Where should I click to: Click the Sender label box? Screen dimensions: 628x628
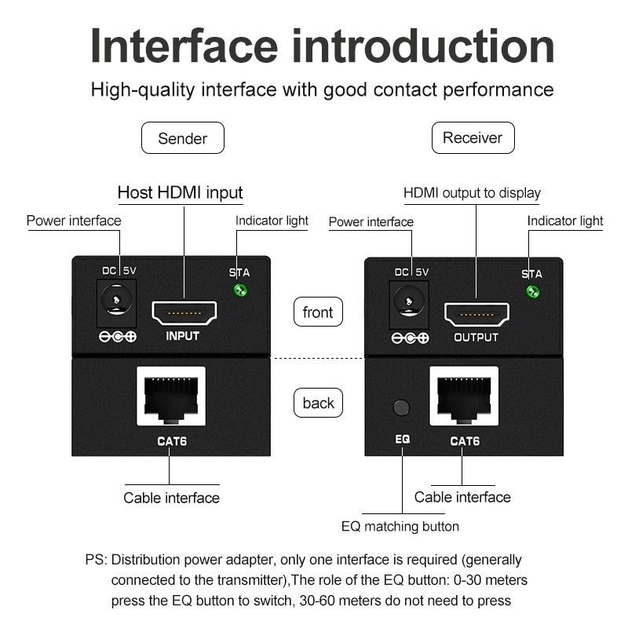[x=182, y=138]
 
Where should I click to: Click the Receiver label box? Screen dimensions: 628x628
[x=473, y=138]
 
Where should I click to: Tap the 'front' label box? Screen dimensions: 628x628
[x=318, y=312]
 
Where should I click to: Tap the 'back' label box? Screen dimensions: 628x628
[x=318, y=403]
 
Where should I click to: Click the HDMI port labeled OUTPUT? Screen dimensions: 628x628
[x=476, y=314]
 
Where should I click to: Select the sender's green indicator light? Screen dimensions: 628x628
[x=241, y=291]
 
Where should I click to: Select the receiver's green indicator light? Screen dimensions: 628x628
[x=533, y=293]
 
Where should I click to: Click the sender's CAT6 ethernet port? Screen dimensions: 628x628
[x=171, y=396]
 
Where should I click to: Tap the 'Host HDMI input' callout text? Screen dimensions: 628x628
[x=180, y=192]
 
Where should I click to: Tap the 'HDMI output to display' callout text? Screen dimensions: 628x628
[x=472, y=193]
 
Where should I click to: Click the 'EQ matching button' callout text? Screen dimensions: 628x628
[x=400, y=526]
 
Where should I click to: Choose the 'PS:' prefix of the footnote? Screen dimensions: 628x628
[x=97, y=560]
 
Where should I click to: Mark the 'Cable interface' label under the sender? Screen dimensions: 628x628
[x=171, y=498]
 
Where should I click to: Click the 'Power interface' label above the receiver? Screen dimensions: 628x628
[x=371, y=222]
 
